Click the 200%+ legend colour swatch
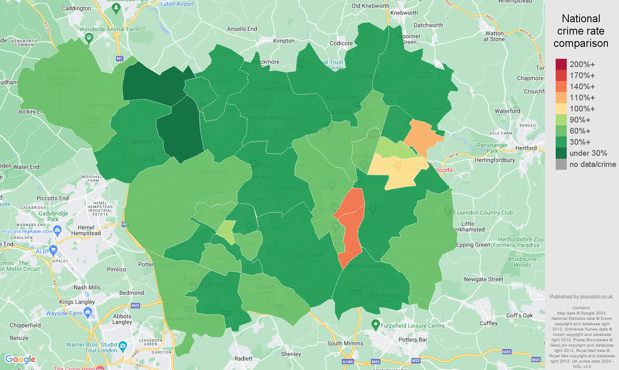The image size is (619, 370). [561, 65]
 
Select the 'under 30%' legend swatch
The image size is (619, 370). [561, 153]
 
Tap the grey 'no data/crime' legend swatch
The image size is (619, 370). [561, 164]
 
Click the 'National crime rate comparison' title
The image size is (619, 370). [581, 31]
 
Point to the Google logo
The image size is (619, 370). [21, 359]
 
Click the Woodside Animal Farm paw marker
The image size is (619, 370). [89, 38]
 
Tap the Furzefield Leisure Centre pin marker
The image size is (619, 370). [375, 325]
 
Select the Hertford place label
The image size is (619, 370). [526, 148]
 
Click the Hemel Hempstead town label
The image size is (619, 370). [86, 230]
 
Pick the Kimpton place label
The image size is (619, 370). [284, 41]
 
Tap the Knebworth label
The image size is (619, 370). [404, 13]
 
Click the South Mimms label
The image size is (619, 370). [345, 343]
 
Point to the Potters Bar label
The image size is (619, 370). [413, 340]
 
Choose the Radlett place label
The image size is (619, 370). [243, 358]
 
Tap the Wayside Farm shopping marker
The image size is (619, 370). [88, 312]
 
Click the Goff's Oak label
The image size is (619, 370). [519, 315]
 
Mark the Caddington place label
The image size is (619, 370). [76, 8]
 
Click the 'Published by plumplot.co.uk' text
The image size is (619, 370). [582, 296]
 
